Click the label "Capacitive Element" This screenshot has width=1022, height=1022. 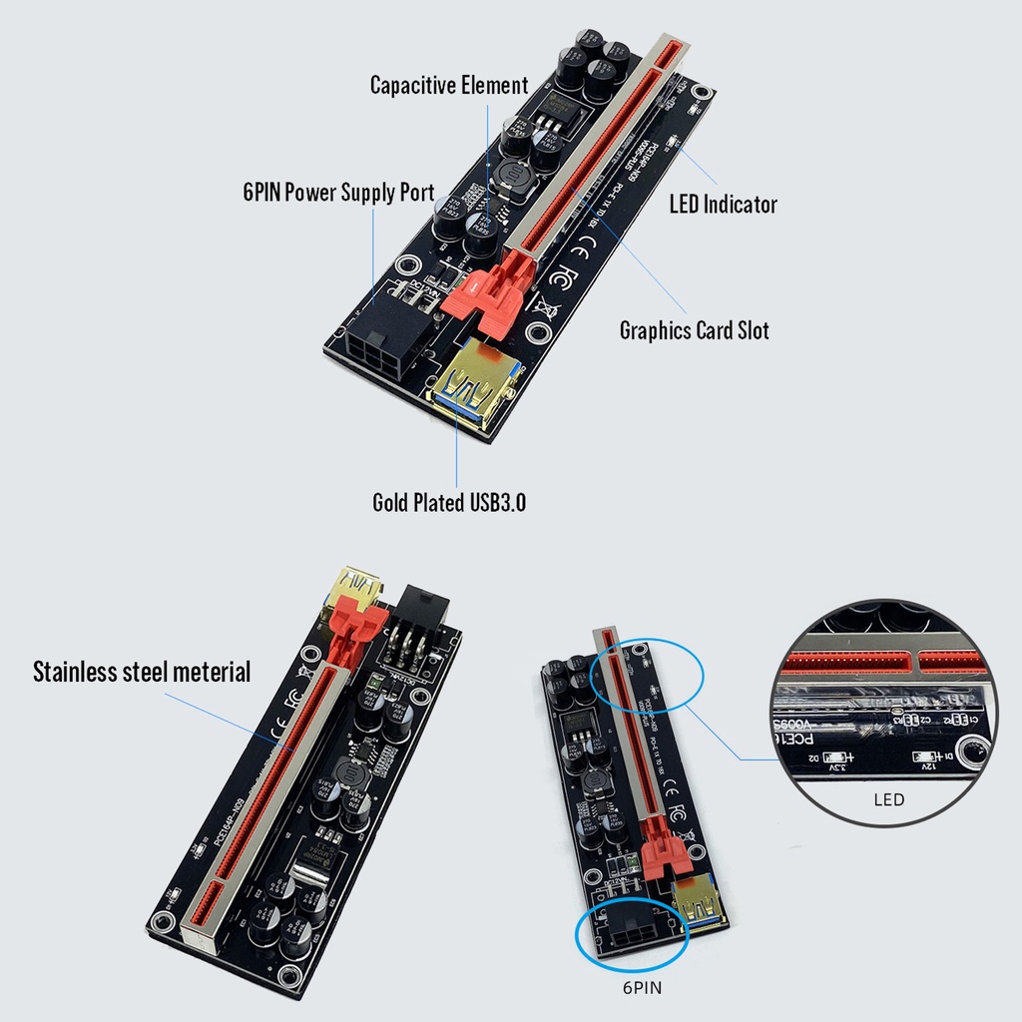click(449, 85)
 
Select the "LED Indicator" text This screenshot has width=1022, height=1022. click(723, 205)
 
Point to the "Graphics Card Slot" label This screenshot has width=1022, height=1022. click(695, 330)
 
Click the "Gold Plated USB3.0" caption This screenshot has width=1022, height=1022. click(449, 503)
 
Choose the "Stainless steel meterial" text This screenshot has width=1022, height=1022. click(142, 672)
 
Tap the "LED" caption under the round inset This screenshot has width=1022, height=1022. click(888, 799)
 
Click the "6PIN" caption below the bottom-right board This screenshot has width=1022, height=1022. click(637, 988)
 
